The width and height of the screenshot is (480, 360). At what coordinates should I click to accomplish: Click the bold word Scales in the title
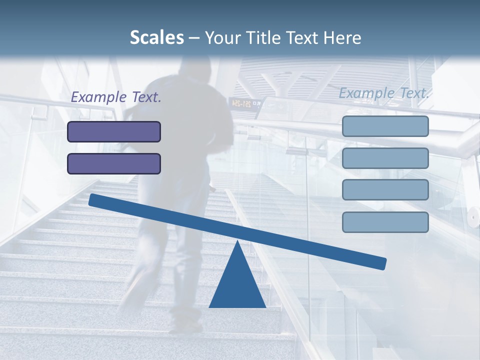coord(156,37)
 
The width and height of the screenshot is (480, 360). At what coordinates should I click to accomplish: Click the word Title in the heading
coord(257,37)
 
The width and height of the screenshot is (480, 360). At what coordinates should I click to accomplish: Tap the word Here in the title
coord(342,37)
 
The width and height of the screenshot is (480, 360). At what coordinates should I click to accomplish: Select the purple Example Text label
coord(116,97)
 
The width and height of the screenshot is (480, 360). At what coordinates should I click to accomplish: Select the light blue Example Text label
coord(384,93)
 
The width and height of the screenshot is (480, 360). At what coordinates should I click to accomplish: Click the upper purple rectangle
coord(114,132)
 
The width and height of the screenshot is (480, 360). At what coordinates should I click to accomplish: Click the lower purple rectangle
coord(114,163)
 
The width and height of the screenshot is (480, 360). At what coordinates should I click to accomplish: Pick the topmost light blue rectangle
coord(385,126)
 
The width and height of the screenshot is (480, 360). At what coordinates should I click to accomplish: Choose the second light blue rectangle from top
coord(385,158)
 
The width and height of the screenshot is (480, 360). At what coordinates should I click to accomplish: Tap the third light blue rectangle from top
coord(385,190)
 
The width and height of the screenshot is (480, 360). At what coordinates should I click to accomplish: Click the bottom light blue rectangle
coord(385,222)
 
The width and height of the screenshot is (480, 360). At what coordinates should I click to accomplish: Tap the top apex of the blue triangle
coord(237,242)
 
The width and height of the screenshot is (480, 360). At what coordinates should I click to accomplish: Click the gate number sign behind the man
coord(245,103)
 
